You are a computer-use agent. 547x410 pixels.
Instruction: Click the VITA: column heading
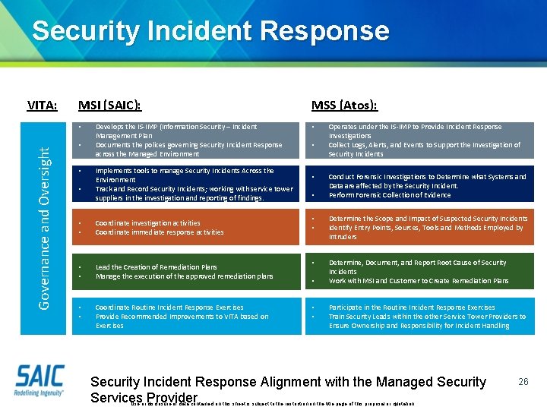coord(43,105)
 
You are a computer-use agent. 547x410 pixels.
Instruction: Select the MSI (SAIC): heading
coord(110,105)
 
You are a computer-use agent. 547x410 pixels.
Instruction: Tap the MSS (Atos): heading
coord(344,105)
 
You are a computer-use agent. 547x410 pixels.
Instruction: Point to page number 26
coord(523,381)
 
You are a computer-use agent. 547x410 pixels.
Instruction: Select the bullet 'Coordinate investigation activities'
coord(148,223)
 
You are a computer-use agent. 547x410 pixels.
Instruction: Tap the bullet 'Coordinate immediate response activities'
coord(160,232)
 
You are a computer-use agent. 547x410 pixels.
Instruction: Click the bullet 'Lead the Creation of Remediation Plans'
coord(156,267)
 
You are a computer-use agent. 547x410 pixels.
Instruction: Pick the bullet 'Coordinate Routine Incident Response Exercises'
coord(169,307)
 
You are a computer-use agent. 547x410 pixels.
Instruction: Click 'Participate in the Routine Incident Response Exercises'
coord(411,307)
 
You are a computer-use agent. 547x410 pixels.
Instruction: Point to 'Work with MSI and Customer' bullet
coord(418,281)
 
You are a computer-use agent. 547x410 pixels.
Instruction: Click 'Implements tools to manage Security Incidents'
coord(185,171)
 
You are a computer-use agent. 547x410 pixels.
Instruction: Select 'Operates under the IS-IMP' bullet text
coord(415,127)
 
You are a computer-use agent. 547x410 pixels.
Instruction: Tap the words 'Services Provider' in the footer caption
coord(144,397)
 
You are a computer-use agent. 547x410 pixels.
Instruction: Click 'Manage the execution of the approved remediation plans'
coord(184,276)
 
